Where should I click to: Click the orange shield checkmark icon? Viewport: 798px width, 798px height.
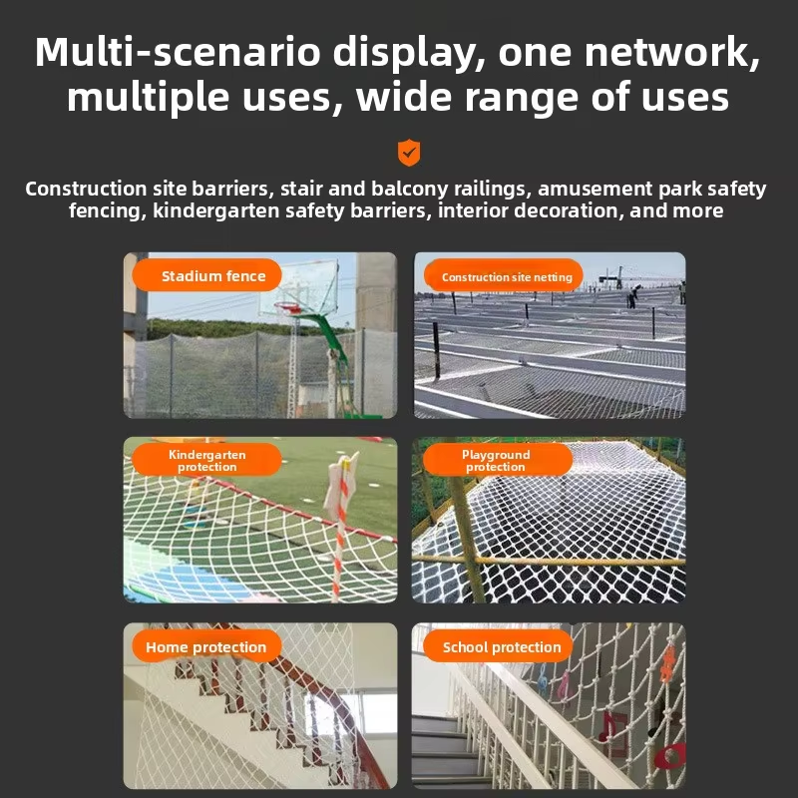click(409, 153)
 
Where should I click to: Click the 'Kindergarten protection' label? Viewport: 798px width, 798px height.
click(206, 460)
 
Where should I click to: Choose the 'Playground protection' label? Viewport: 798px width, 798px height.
click(497, 460)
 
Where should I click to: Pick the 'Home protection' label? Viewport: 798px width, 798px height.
click(206, 646)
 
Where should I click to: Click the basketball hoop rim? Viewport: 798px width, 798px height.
click(288, 307)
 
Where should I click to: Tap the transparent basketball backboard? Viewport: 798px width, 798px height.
click(299, 287)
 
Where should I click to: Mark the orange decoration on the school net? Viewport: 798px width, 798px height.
click(667, 663)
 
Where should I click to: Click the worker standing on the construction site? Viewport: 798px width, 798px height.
click(632, 296)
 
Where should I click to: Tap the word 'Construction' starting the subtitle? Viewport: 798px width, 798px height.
click(86, 189)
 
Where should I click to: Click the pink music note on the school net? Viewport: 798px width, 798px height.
click(564, 684)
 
